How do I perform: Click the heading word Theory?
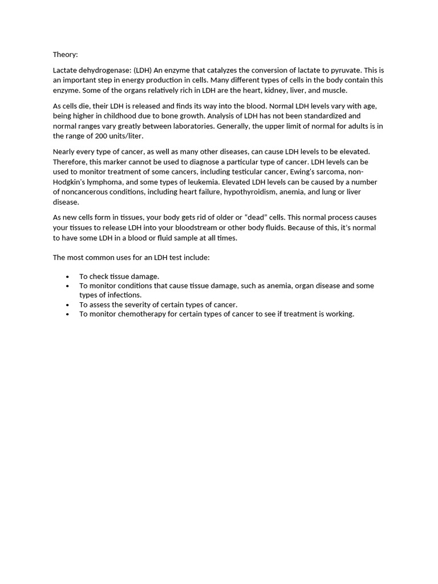[x=65, y=55]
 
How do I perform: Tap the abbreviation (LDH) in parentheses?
[x=142, y=70]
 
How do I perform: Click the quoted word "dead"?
[x=242, y=217]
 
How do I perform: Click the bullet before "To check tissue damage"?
[x=68, y=277]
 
